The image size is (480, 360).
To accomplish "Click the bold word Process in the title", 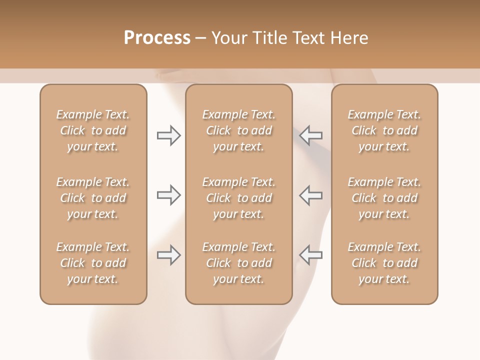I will (157, 38).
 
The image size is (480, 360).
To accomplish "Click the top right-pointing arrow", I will (168, 135).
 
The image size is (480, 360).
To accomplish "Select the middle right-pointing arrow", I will (168, 195).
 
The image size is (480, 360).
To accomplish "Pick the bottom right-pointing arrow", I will (168, 255).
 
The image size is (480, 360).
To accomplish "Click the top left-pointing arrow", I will (311, 135).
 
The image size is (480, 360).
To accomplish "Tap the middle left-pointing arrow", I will (311, 195).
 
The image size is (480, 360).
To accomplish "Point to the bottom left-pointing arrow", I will (311, 255).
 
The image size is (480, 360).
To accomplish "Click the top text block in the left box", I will (93, 130).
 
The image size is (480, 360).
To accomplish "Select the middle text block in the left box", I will (93, 198).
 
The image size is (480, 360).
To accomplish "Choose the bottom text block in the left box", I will (93, 263).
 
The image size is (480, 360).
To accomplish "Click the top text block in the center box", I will (239, 130).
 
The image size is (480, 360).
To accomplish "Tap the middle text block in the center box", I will (239, 198).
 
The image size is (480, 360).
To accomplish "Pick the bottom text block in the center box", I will (239, 263).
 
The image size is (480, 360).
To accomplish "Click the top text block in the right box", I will (384, 130).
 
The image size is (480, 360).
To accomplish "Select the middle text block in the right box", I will (384, 198).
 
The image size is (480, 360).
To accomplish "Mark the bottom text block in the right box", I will (384, 263).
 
